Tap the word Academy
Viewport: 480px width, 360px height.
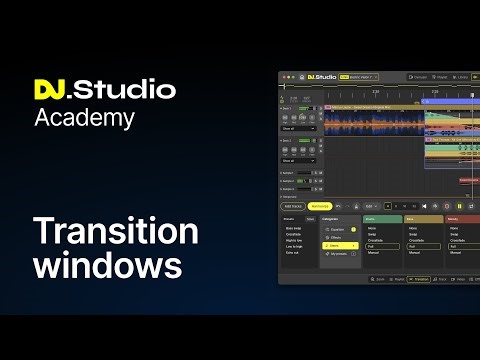coord(84,118)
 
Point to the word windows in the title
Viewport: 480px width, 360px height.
coord(108,267)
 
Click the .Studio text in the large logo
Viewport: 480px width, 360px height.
coord(126,90)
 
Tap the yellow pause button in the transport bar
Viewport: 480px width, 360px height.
coord(460,205)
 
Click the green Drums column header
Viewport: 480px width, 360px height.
coord(382,218)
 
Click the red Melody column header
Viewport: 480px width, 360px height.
coord(462,218)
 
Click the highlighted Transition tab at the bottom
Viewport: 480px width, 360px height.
coord(420,279)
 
